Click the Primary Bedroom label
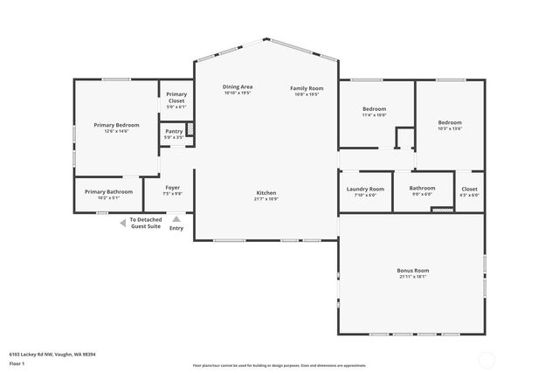(116, 125)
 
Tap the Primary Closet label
(176, 97)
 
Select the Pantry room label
(174, 131)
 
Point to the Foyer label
(173, 188)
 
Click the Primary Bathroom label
(108, 191)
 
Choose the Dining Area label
(238, 87)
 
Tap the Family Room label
(307, 88)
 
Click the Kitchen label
(266, 192)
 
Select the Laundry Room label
(365, 189)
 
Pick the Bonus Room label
(413, 271)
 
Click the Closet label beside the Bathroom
(469, 189)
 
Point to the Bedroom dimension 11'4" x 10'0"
(374, 115)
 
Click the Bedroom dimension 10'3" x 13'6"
(450, 128)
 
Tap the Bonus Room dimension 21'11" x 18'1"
(413, 278)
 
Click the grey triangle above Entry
(176, 219)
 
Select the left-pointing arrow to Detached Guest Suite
(123, 223)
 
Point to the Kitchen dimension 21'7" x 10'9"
(266, 199)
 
